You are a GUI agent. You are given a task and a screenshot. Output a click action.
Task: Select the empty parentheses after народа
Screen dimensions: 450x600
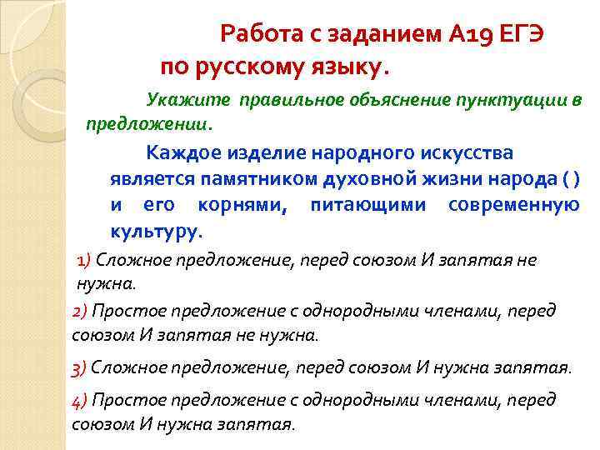[x=571, y=179]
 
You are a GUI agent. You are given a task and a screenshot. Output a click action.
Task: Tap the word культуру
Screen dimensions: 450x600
[x=156, y=230]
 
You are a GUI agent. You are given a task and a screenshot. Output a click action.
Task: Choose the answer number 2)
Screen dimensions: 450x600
[x=80, y=311]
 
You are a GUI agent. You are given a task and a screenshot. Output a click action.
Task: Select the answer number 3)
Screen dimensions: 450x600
[x=80, y=367]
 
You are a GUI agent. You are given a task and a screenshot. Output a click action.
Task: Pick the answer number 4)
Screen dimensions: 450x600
[x=80, y=400]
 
